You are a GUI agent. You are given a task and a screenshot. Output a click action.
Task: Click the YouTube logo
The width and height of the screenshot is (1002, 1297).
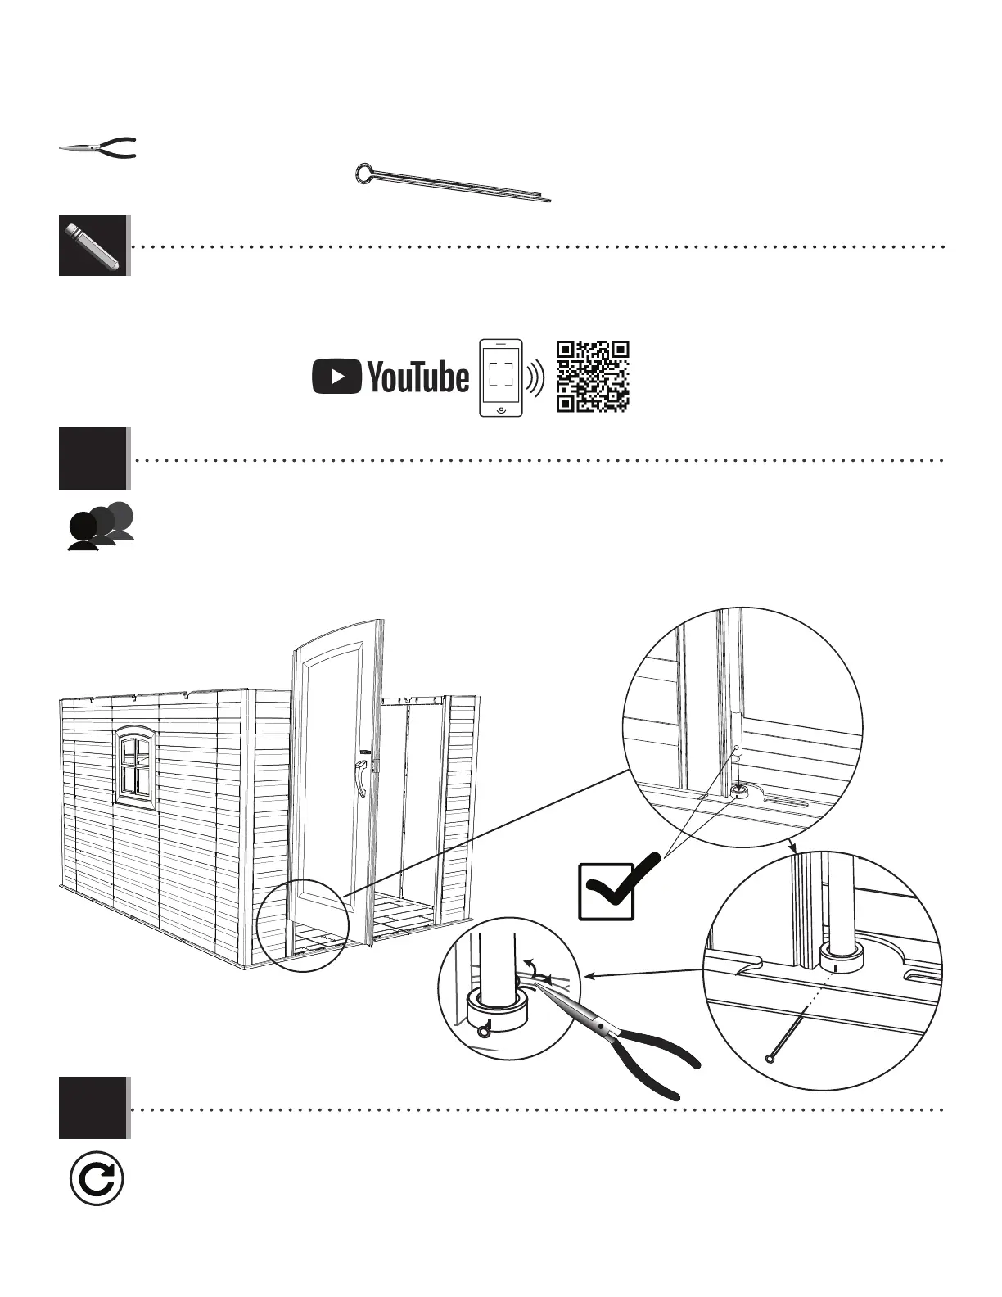click(x=390, y=377)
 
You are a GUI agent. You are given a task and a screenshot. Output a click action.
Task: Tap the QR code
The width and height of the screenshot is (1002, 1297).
click(x=592, y=376)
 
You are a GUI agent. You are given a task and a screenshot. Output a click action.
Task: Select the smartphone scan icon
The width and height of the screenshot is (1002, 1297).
click(x=500, y=377)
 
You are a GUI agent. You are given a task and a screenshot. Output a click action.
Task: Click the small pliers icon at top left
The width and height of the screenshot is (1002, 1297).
click(x=97, y=148)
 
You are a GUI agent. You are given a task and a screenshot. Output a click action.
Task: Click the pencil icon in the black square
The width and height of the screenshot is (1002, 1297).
click(x=93, y=245)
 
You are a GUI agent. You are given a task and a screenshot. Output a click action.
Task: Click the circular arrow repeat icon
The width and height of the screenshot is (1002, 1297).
click(x=97, y=1180)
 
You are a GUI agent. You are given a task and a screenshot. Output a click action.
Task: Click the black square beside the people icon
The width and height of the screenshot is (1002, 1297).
click(x=93, y=459)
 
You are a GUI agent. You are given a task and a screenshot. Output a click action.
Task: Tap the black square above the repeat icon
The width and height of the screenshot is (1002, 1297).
click(x=93, y=1108)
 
